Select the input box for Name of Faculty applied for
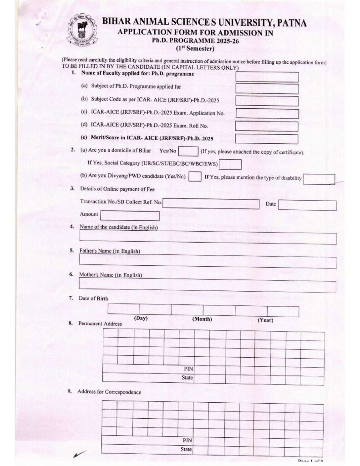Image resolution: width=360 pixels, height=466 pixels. click(267, 77)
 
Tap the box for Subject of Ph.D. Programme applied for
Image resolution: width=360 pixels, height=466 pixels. click(267, 89)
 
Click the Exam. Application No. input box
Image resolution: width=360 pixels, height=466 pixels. click(267, 114)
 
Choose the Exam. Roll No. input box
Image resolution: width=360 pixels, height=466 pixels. click(267, 127)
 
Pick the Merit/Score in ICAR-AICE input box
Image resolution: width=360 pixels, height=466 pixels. click(267, 139)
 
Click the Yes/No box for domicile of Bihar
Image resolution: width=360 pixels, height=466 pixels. click(188, 152)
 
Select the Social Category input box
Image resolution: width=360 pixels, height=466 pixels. click(231, 164)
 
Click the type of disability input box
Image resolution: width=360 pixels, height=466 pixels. click(319, 179)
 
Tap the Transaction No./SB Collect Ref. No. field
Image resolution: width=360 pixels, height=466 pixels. click(211, 204)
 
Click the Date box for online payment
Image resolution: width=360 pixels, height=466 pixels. click(307, 205)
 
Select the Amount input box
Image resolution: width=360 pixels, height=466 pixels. click(130, 216)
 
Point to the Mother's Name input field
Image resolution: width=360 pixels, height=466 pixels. click(208, 287)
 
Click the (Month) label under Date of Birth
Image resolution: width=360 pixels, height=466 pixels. click(202, 319)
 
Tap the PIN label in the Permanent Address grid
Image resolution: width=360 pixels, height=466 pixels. click(188, 369)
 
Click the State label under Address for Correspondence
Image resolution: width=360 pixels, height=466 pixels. click(186, 449)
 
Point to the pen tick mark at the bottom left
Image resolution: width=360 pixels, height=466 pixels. click(79, 454)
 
